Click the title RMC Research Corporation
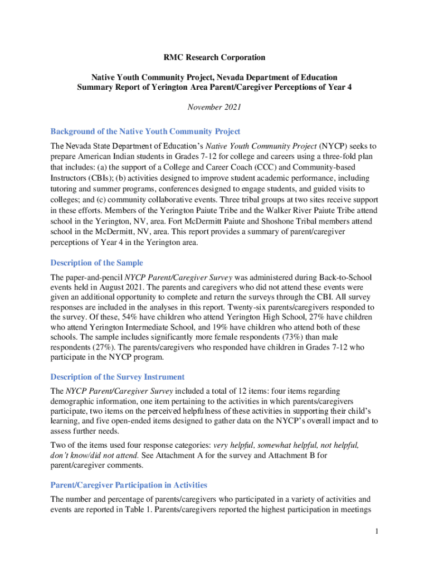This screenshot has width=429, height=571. point(214,57)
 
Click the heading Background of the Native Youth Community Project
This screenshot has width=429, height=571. point(145,132)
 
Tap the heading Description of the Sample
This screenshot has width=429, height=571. point(96,263)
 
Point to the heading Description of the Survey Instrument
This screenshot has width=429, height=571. point(118,377)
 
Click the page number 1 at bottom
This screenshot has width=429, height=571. point(377,531)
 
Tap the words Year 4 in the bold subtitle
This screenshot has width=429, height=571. point(341,88)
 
